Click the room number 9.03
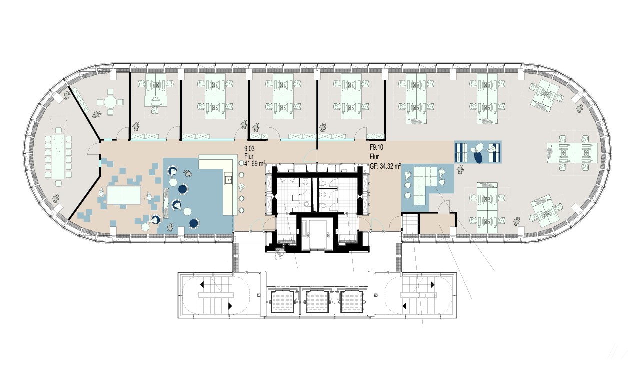pyautogui.click(x=249, y=148)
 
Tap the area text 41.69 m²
pyautogui.click(x=255, y=164)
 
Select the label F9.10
pyautogui.click(x=376, y=147)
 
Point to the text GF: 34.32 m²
pyautogui.click(x=385, y=166)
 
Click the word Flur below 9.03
pyautogui.click(x=249, y=156)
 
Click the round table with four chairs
pyautogui.click(x=110, y=102)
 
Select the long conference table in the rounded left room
pyautogui.click(x=58, y=157)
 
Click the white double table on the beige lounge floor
pyautogui.click(x=124, y=195)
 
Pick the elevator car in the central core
pyautogui.click(x=318, y=235)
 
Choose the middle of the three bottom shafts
pyautogui.click(x=317, y=302)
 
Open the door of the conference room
pyautogui.click(x=94, y=149)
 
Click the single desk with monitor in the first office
pyautogui.click(x=156, y=101)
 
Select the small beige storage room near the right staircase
pyautogui.click(x=437, y=223)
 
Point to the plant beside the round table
pyautogui.click(x=97, y=115)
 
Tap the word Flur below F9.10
pyautogui.click(x=374, y=157)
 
